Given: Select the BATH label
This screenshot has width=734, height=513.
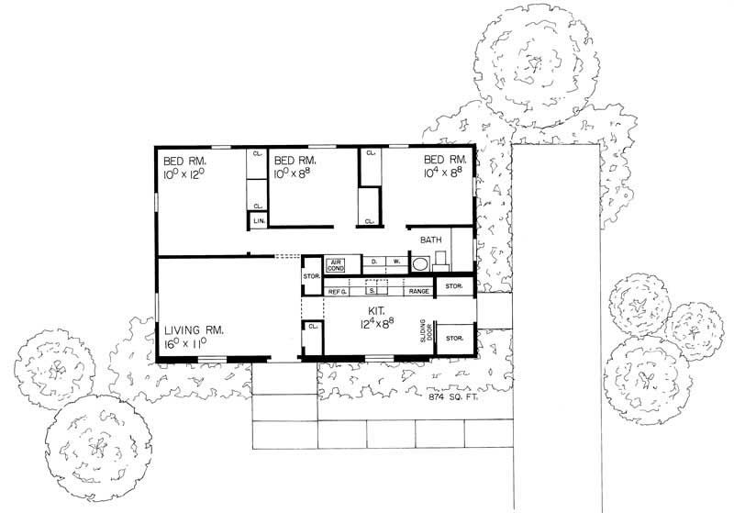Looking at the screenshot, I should (x=431, y=240).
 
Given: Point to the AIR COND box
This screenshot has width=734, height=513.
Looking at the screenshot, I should (x=336, y=264).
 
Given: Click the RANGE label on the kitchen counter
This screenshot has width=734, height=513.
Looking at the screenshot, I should (x=418, y=291).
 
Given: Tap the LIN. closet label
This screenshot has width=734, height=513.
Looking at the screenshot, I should (x=260, y=221).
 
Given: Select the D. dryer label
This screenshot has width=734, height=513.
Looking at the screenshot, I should (x=374, y=262).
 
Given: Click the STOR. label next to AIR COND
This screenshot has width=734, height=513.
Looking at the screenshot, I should (x=310, y=277).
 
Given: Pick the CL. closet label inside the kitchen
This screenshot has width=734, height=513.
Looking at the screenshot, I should (x=313, y=326).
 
